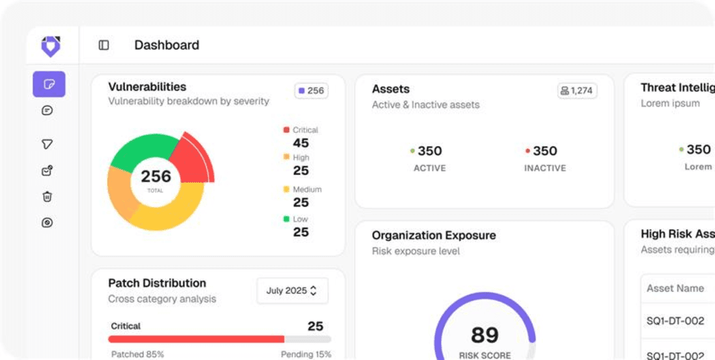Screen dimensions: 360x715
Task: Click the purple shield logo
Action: [x=50, y=46]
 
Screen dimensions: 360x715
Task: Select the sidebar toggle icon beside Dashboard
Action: [x=104, y=45]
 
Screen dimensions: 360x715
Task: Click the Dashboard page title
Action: [x=167, y=45]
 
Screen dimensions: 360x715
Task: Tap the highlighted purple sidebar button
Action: [x=49, y=84]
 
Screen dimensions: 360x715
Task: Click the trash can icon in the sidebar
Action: [x=47, y=197]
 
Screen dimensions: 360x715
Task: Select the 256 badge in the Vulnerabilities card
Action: [x=311, y=91]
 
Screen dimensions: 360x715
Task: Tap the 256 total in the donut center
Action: [x=156, y=177]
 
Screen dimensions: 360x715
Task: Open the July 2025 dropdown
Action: [x=292, y=291]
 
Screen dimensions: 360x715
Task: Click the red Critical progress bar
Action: [x=196, y=339]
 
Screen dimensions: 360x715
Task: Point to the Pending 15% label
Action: [x=306, y=354]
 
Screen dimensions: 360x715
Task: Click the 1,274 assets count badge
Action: [x=577, y=91]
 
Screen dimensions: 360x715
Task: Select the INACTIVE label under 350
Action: [x=545, y=168]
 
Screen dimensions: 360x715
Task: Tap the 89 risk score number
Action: [x=485, y=335]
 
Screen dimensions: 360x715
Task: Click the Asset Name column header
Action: [x=675, y=288]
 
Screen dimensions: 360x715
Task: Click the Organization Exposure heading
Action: [x=434, y=235]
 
